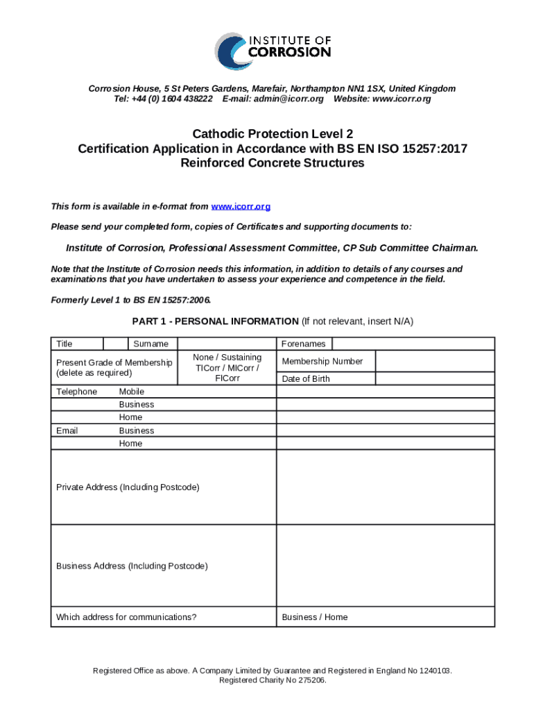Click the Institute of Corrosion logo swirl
pos(230,50)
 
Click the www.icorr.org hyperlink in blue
pos(241,206)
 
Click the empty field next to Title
pos(116,344)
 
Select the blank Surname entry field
pos(227,344)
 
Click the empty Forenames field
pos(413,344)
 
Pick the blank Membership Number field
pos(435,361)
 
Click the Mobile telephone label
pos(132,392)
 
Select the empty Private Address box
pos(385,487)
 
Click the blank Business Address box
pos(385,565)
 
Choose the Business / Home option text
pos(315,617)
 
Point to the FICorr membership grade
pos(227,378)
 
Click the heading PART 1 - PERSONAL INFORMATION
pos(215,321)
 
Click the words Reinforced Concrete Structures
pos(272,163)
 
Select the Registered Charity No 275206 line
pos(272,680)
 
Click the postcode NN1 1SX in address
pos(359,88)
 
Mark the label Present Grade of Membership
pos(114,362)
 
